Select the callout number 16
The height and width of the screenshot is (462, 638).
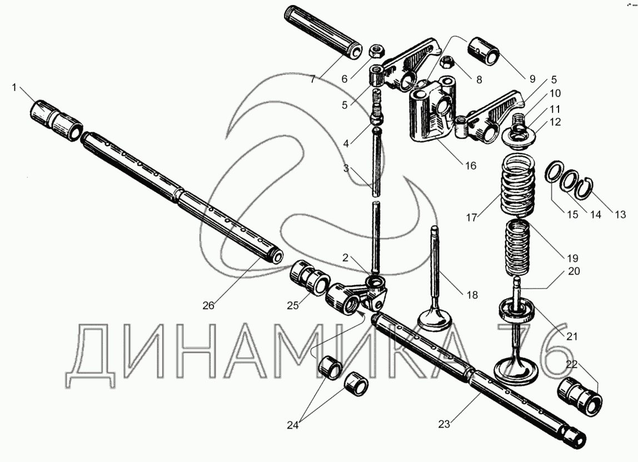point(470,166)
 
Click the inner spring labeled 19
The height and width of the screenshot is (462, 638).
point(519,247)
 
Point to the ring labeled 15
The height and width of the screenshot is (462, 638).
point(552,173)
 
